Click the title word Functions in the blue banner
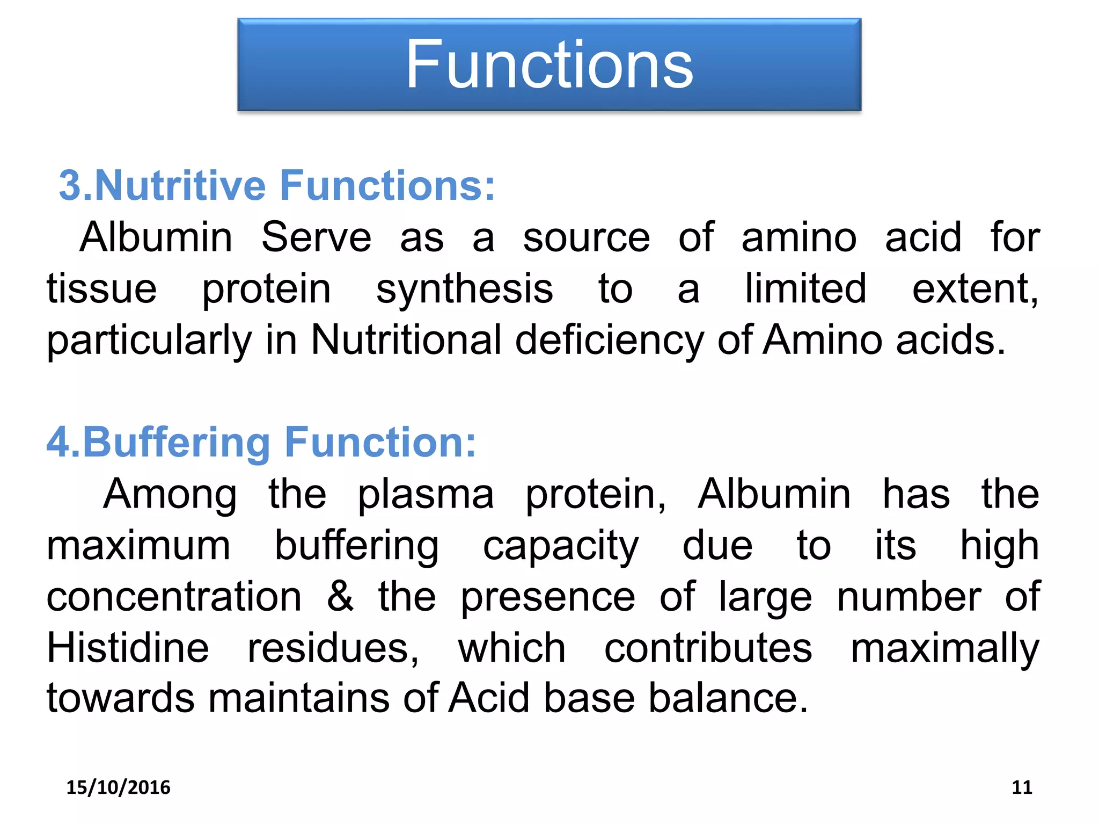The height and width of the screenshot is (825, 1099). click(x=549, y=65)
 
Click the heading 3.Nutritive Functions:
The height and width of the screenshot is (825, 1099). click(x=277, y=185)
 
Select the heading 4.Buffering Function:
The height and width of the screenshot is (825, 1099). click(x=261, y=442)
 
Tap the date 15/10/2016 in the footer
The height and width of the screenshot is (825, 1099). click(x=118, y=787)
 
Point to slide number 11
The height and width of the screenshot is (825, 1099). click(x=1021, y=787)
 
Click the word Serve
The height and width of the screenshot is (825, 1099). click(x=316, y=237)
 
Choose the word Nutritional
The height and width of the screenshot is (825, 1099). click(x=406, y=340)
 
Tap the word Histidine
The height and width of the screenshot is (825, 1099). click(x=128, y=648)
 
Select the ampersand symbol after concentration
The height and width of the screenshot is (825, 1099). click(x=341, y=596)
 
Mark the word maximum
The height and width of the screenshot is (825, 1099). click(x=138, y=546)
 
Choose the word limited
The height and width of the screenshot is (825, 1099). click(x=805, y=289)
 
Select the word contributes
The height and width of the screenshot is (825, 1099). click(x=708, y=648)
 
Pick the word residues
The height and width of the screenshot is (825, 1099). click(x=333, y=648)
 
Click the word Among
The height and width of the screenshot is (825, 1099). click(x=170, y=494)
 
